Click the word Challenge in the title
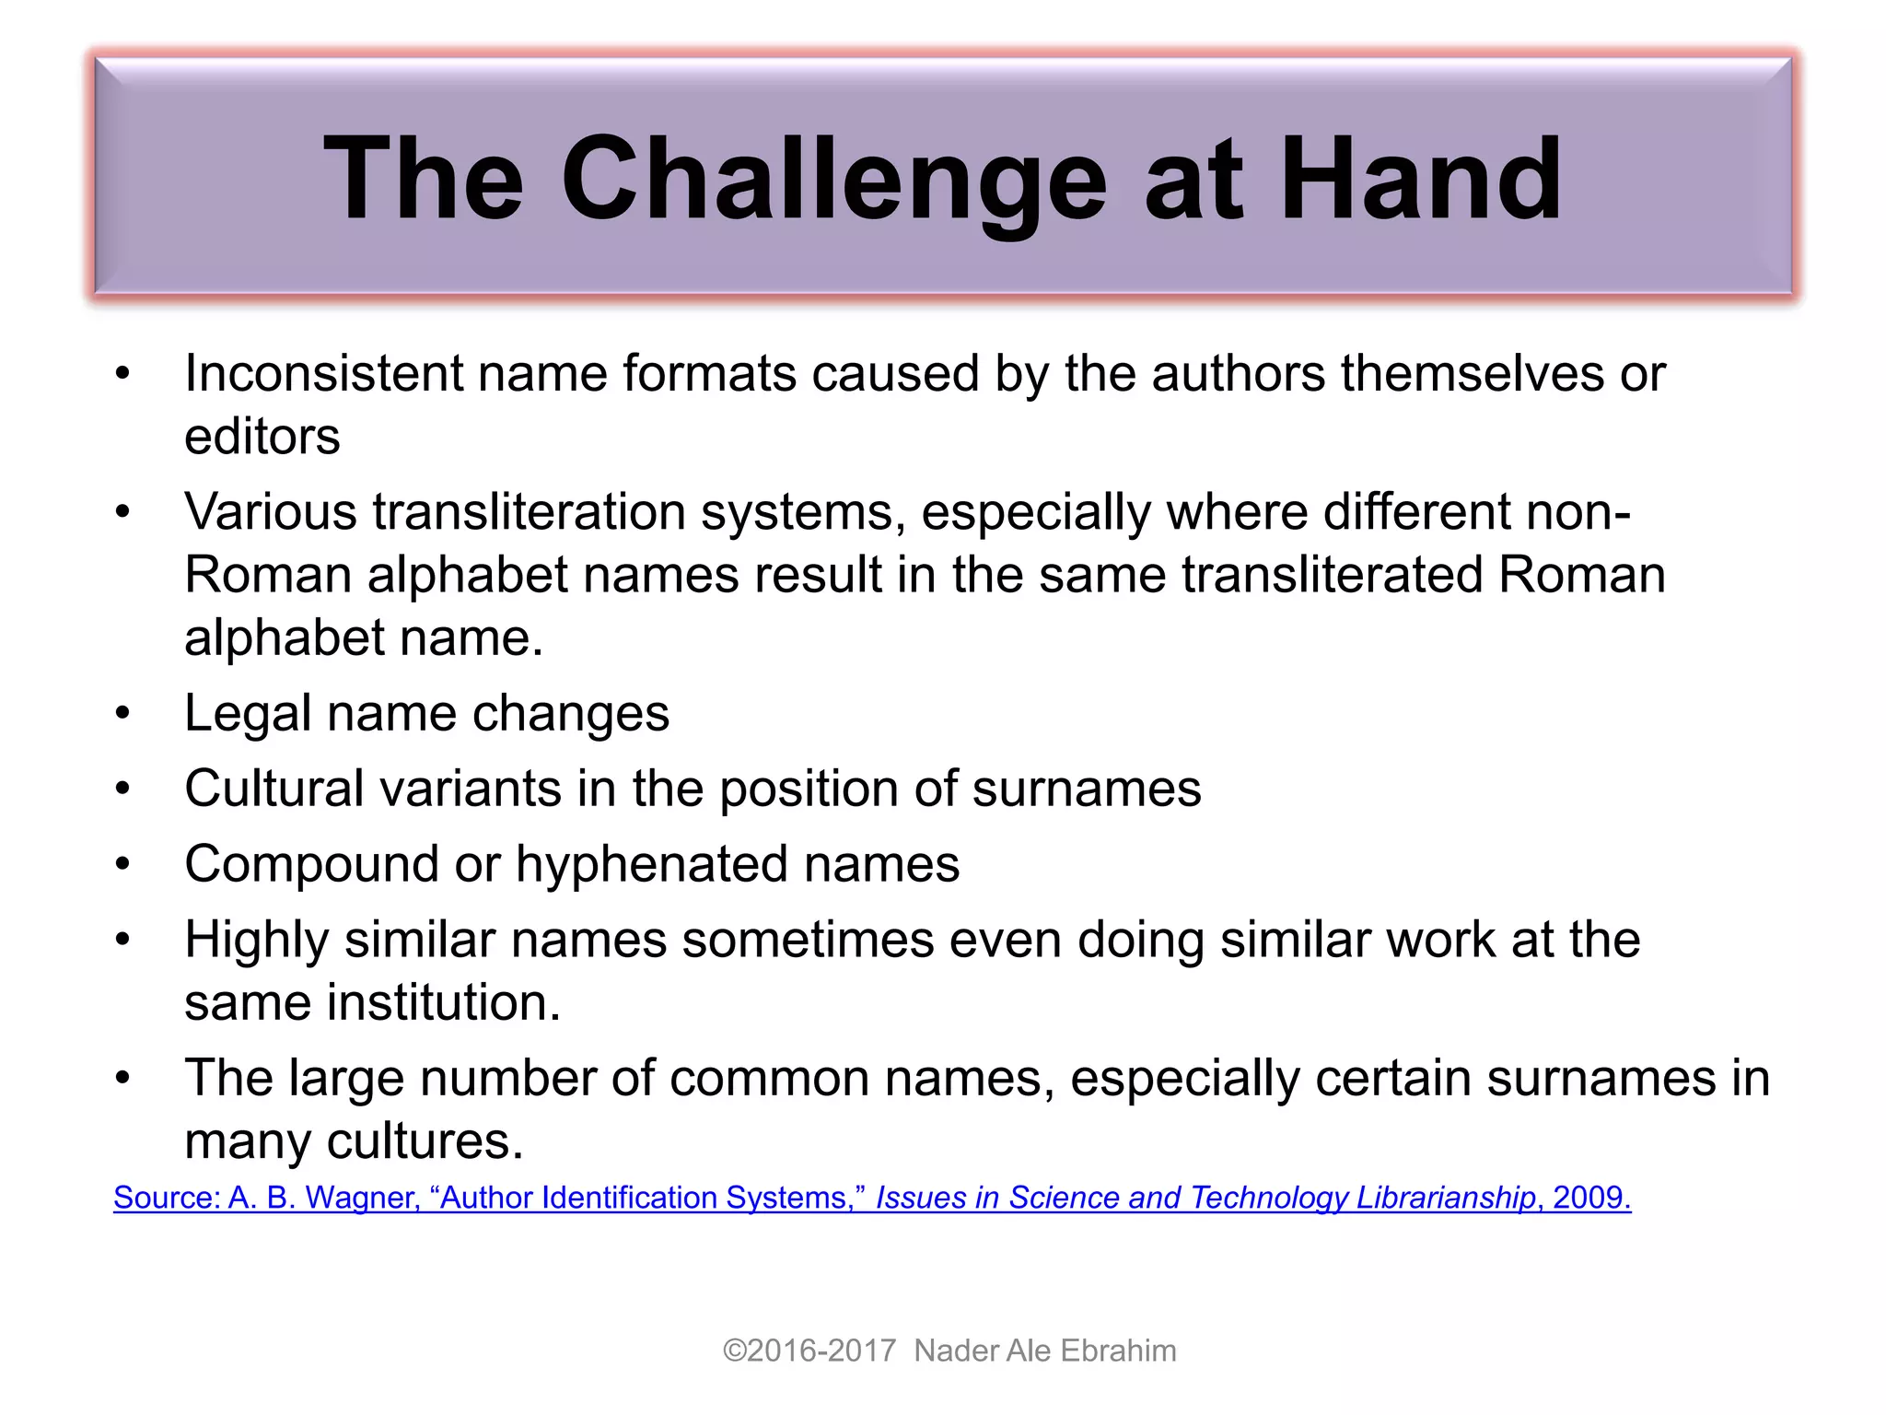point(833,180)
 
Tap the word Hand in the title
point(1420,180)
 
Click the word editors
point(262,437)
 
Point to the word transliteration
point(530,512)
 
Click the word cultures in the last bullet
point(425,1141)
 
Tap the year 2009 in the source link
point(1590,1198)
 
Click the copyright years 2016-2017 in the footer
point(821,1351)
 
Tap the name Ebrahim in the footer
point(1118,1351)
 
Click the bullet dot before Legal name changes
point(122,714)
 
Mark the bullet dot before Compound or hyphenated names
point(122,865)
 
